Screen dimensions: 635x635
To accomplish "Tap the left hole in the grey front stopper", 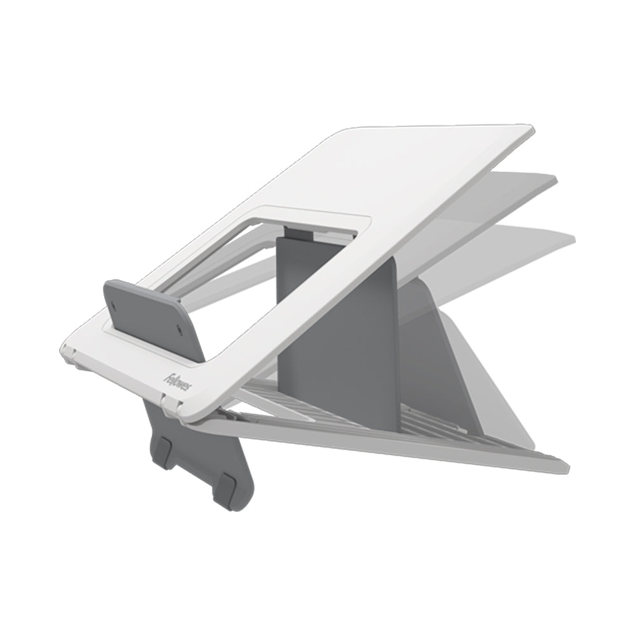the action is [x=114, y=303].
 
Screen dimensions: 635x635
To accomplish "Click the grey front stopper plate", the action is [x=152, y=317].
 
